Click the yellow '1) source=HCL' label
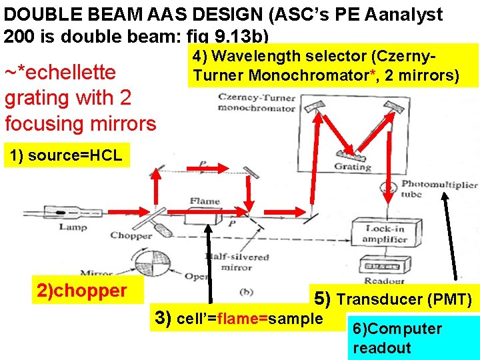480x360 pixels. click(x=64, y=156)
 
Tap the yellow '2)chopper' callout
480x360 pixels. click(x=82, y=290)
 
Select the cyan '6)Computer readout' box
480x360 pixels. click(x=413, y=338)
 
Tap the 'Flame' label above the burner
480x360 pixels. click(x=204, y=201)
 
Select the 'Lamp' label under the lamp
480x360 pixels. click(x=73, y=227)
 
